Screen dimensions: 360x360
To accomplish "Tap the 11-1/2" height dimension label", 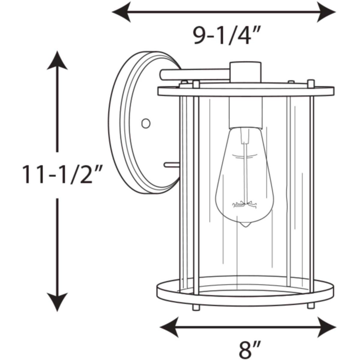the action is point(62,175).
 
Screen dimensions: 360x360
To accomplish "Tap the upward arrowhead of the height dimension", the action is point(57,60).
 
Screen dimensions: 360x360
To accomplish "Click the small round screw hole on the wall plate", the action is point(146,124).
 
